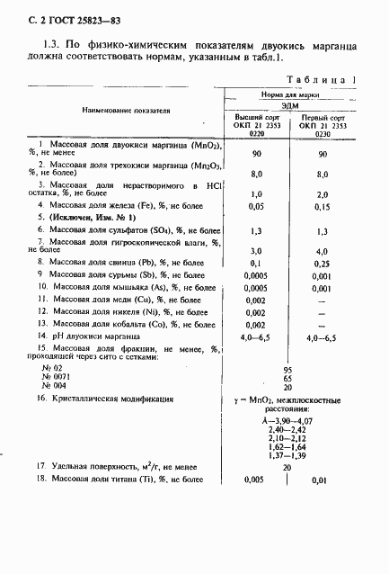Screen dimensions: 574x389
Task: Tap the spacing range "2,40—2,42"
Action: pyautogui.click(x=287, y=430)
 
